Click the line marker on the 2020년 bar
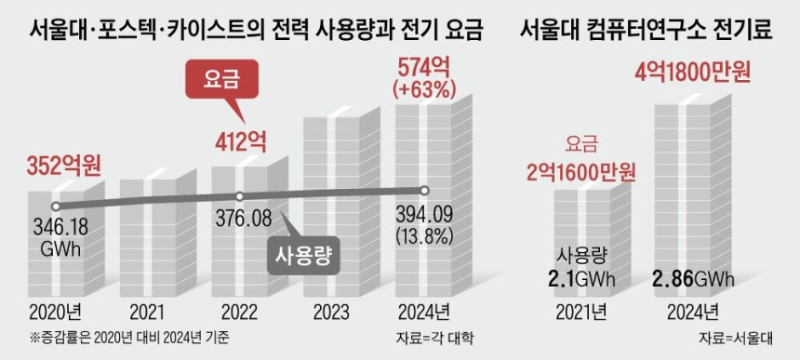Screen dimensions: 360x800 [56, 206]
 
